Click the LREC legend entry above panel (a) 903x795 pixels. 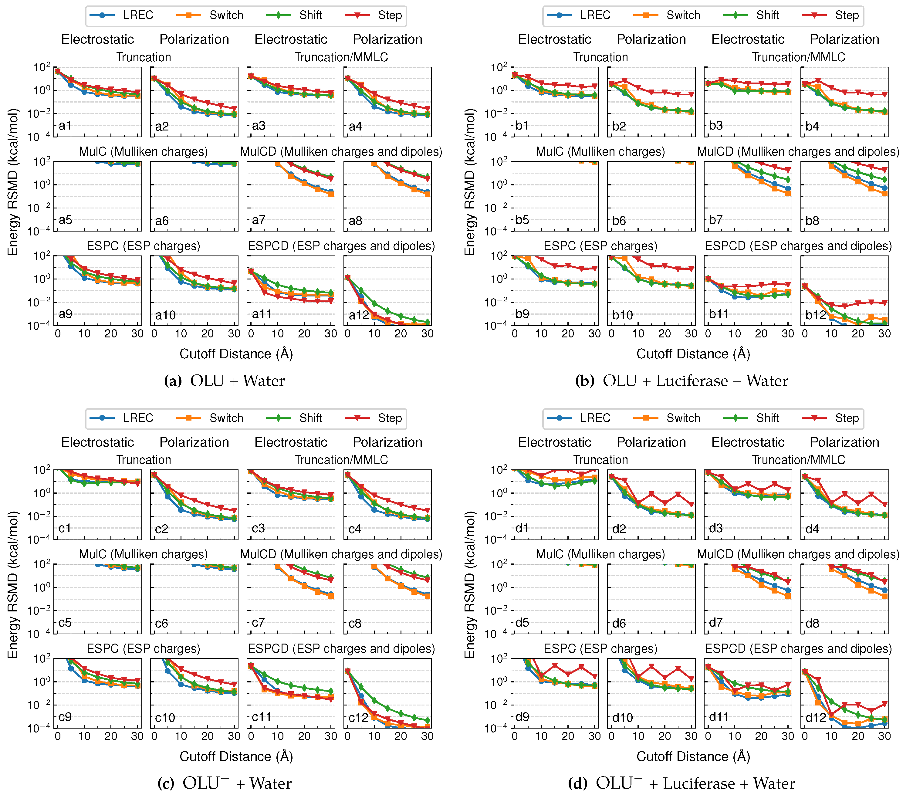click(x=121, y=15)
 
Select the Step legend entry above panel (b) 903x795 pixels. click(x=830, y=15)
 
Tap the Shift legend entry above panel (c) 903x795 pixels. click(x=294, y=418)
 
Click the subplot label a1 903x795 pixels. click(x=65, y=126)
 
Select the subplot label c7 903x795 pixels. click(x=259, y=623)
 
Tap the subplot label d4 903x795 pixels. click(x=812, y=529)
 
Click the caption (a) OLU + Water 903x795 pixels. click(x=225, y=381)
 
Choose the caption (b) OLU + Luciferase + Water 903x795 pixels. click(x=682, y=381)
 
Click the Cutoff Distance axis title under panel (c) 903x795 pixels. click(x=236, y=756)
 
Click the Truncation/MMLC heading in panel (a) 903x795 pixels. click(x=341, y=57)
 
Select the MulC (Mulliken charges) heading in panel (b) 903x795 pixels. click(x=600, y=152)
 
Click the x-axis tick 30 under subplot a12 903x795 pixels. click(x=427, y=334)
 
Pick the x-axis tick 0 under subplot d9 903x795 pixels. click(x=515, y=736)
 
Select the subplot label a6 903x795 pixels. click(x=162, y=221)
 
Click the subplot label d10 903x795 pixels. click(x=622, y=718)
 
